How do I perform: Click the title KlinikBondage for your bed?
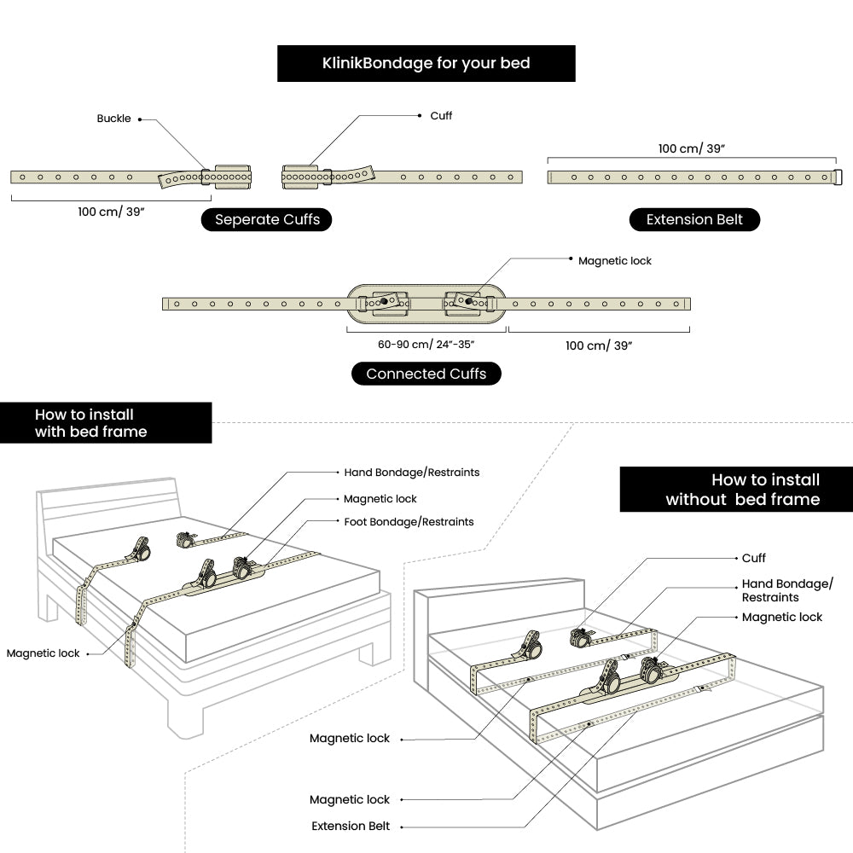pos(426,64)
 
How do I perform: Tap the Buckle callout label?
pos(113,119)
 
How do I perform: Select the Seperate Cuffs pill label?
pos(267,220)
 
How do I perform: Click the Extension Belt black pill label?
pos(694,220)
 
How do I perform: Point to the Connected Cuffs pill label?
pos(426,374)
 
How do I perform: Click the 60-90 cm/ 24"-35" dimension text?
pos(426,345)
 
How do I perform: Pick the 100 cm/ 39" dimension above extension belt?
pos(691,148)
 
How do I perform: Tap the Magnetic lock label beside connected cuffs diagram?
pos(614,261)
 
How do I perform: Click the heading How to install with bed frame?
pos(90,423)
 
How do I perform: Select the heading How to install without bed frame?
pos(742,490)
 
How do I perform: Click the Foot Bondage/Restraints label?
pos(409,521)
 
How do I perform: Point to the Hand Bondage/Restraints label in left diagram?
pos(411,472)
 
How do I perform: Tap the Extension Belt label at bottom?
pos(351,826)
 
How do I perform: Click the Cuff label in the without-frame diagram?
pos(754,558)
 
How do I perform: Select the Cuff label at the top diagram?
pos(441,115)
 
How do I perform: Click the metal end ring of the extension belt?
pos(838,177)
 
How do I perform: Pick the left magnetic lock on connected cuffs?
pos(385,301)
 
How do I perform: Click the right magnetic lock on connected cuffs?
pos(467,301)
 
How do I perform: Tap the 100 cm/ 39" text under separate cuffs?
pos(111,212)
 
